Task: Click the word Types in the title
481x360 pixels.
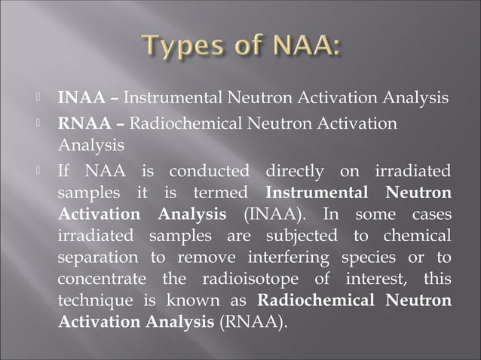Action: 175,50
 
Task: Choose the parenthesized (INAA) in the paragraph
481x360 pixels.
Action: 270,215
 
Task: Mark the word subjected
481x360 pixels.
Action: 300,236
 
